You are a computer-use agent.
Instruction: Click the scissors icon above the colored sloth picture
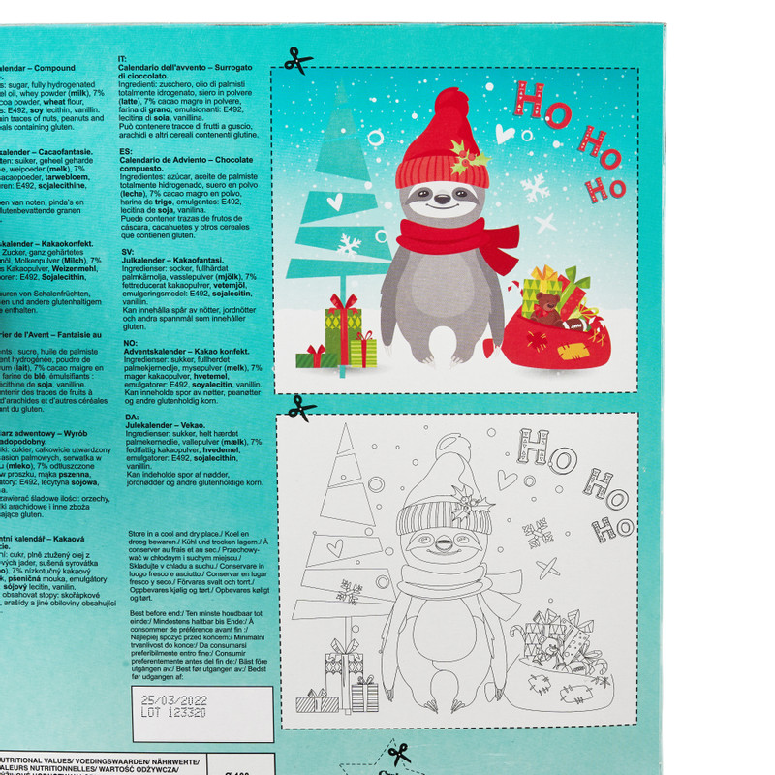click(x=298, y=60)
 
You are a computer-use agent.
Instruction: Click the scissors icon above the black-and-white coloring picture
click(x=302, y=407)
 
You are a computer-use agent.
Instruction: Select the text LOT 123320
click(x=174, y=711)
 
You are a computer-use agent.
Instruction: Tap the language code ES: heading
click(x=127, y=152)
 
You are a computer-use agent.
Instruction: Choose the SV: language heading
click(x=128, y=251)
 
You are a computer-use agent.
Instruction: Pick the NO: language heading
click(x=128, y=342)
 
